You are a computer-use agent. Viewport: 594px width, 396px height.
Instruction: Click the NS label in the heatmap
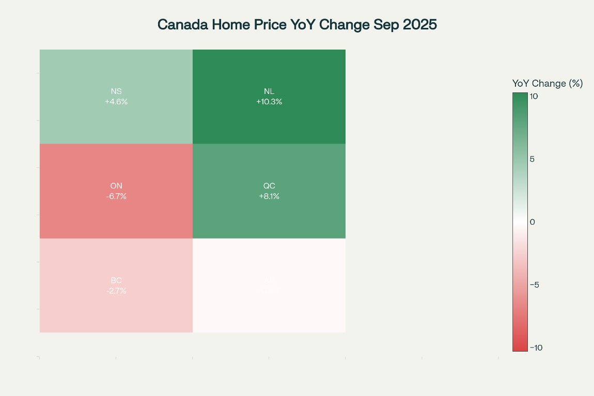(116, 91)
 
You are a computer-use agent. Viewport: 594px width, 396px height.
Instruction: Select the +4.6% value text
(116, 102)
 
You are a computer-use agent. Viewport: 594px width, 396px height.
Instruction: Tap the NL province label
(269, 91)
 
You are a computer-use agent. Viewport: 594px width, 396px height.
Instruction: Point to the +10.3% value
(269, 102)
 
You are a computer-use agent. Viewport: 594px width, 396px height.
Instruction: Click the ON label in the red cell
(116, 186)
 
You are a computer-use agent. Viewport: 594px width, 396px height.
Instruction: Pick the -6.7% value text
(116, 196)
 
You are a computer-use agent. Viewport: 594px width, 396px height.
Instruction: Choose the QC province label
(269, 186)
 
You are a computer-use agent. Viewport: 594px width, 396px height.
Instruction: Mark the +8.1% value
(269, 196)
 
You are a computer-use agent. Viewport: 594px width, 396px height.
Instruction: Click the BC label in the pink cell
(116, 280)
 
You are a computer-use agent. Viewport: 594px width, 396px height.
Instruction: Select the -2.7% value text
(116, 291)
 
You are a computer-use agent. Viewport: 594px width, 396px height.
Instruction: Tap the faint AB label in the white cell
(269, 280)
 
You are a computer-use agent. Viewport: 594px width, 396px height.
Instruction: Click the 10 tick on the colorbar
(534, 96)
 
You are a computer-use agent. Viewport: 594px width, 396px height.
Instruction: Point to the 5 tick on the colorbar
(532, 159)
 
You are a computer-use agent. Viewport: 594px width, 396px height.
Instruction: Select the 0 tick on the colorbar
(532, 222)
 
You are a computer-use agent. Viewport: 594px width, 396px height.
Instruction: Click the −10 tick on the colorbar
(536, 347)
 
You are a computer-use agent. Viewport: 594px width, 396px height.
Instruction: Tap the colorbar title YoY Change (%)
(547, 84)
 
